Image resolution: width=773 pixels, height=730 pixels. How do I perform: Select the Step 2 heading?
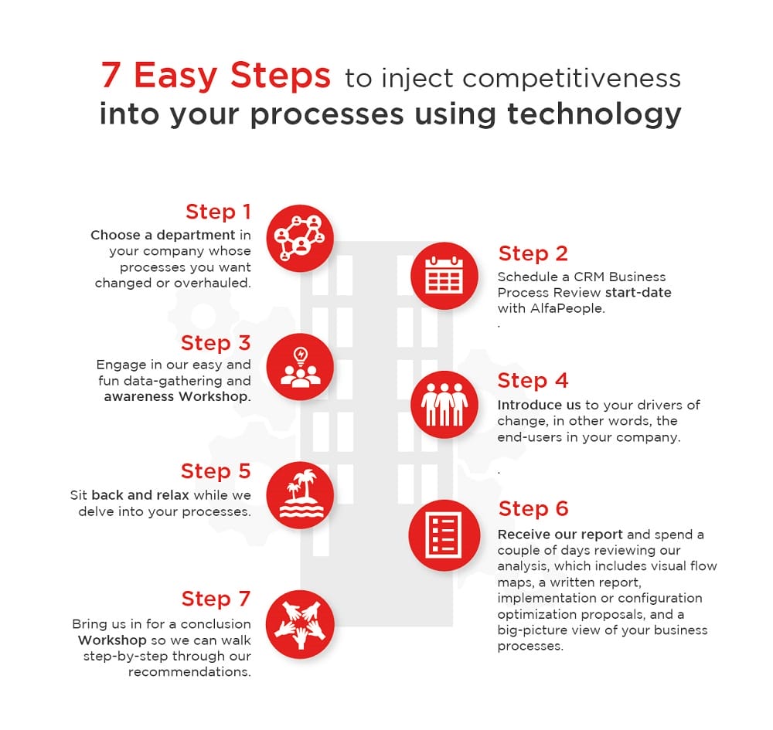(x=533, y=253)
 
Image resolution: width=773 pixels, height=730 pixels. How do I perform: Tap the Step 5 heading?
(x=216, y=471)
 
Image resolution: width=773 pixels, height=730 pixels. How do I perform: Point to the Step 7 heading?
(x=216, y=599)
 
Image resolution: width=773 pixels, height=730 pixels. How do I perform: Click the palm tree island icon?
(x=300, y=495)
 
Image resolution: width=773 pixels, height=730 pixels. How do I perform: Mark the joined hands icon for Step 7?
(x=300, y=623)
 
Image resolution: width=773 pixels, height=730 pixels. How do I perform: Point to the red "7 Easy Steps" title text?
(x=216, y=76)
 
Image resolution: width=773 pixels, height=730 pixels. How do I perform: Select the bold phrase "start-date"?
(x=638, y=293)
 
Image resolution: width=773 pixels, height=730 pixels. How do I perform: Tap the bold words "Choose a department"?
(x=162, y=235)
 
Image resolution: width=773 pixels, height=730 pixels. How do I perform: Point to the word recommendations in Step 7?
(x=189, y=672)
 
